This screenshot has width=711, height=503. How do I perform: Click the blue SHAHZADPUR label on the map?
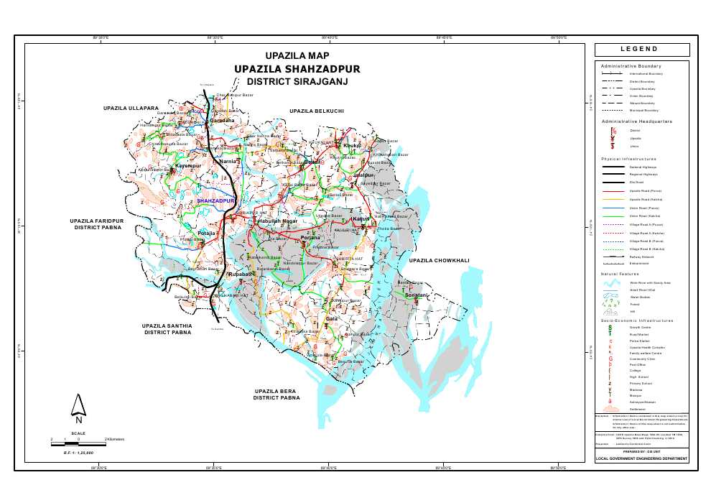pyautogui.click(x=216, y=201)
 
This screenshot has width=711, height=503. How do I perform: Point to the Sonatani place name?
pyautogui.click(x=417, y=295)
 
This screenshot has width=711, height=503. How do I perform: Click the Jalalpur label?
pyautogui.click(x=364, y=175)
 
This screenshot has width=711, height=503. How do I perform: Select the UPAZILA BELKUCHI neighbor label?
pyautogui.click(x=317, y=111)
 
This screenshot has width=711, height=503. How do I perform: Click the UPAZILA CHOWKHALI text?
pyautogui.click(x=439, y=260)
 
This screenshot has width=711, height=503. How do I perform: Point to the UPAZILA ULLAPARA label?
pyautogui.click(x=130, y=108)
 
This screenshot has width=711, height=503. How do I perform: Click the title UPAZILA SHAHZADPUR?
pyautogui.click(x=297, y=69)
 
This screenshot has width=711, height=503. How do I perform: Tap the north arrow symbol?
pyautogui.click(x=79, y=408)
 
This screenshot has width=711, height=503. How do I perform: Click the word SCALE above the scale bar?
pyautogui.click(x=79, y=433)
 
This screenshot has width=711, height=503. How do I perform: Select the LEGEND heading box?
pyautogui.click(x=642, y=50)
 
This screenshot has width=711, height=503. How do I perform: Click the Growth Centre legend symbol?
pyautogui.click(x=611, y=327)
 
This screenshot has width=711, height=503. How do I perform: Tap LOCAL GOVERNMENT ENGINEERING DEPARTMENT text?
pyautogui.click(x=642, y=458)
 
